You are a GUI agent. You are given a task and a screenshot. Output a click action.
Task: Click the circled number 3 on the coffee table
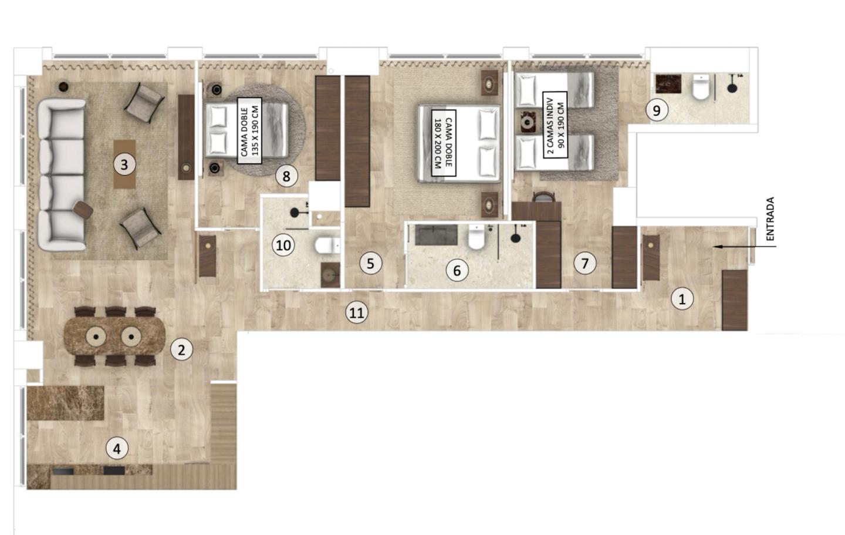tap(124, 164)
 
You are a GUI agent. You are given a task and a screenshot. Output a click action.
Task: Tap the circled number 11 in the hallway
tap(357, 312)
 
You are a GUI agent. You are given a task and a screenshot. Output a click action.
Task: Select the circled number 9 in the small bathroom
tap(657, 110)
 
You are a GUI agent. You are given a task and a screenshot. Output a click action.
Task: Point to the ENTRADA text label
tap(770, 218)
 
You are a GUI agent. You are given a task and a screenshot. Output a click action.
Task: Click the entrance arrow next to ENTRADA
tap(744, 247)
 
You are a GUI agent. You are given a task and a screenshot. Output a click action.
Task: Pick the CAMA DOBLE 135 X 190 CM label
tap(249, 130)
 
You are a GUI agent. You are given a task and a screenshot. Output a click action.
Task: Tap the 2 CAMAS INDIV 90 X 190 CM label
tap(555, 125)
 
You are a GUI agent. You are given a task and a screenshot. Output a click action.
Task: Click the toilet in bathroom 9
tap(701, 87)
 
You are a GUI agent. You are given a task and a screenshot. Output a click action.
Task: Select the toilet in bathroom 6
tap(476, 237)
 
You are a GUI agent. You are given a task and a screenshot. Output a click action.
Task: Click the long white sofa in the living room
tap(62, 175)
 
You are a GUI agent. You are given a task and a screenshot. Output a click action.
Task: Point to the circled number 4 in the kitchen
tap(117, 449)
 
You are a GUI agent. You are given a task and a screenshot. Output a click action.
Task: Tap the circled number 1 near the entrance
tap(682, 299)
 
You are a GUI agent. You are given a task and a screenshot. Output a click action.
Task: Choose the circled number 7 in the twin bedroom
tap(585, 263)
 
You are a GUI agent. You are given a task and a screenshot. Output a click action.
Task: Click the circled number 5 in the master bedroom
tap(370, 263)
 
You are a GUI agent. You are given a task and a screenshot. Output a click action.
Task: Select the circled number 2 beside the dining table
tap(181, 350)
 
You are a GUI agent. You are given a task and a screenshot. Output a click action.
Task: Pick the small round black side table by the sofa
tap(64, 86)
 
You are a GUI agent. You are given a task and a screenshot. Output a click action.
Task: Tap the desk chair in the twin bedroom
tap(543, 197)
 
